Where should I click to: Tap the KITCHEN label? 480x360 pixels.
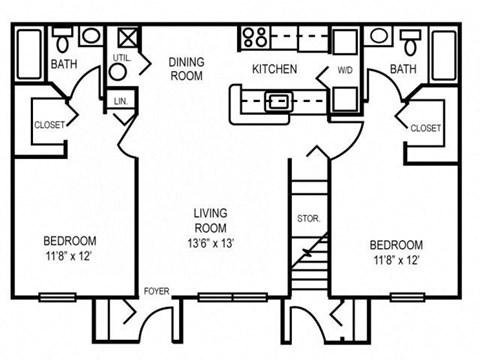(x=272, y=68)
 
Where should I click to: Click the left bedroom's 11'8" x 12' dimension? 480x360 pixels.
(x=69, y=257)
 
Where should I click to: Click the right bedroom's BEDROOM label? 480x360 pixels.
(x=395, y=245)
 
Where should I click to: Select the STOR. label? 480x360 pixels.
(x=307, y=218)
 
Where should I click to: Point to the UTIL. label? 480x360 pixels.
(x=122, y=58)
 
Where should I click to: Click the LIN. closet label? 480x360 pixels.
(x=121, y=101)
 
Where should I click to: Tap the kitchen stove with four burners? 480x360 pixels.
(x=254, y=39)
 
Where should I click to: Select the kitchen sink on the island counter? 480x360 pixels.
(x=276, y=100)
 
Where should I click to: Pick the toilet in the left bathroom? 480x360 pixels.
(x=62, y=39)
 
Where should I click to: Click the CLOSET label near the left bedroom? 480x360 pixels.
(x=51, y=125)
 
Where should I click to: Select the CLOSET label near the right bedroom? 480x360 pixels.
(x=426, y=128)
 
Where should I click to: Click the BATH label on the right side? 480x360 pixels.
(x=403, y=69)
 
